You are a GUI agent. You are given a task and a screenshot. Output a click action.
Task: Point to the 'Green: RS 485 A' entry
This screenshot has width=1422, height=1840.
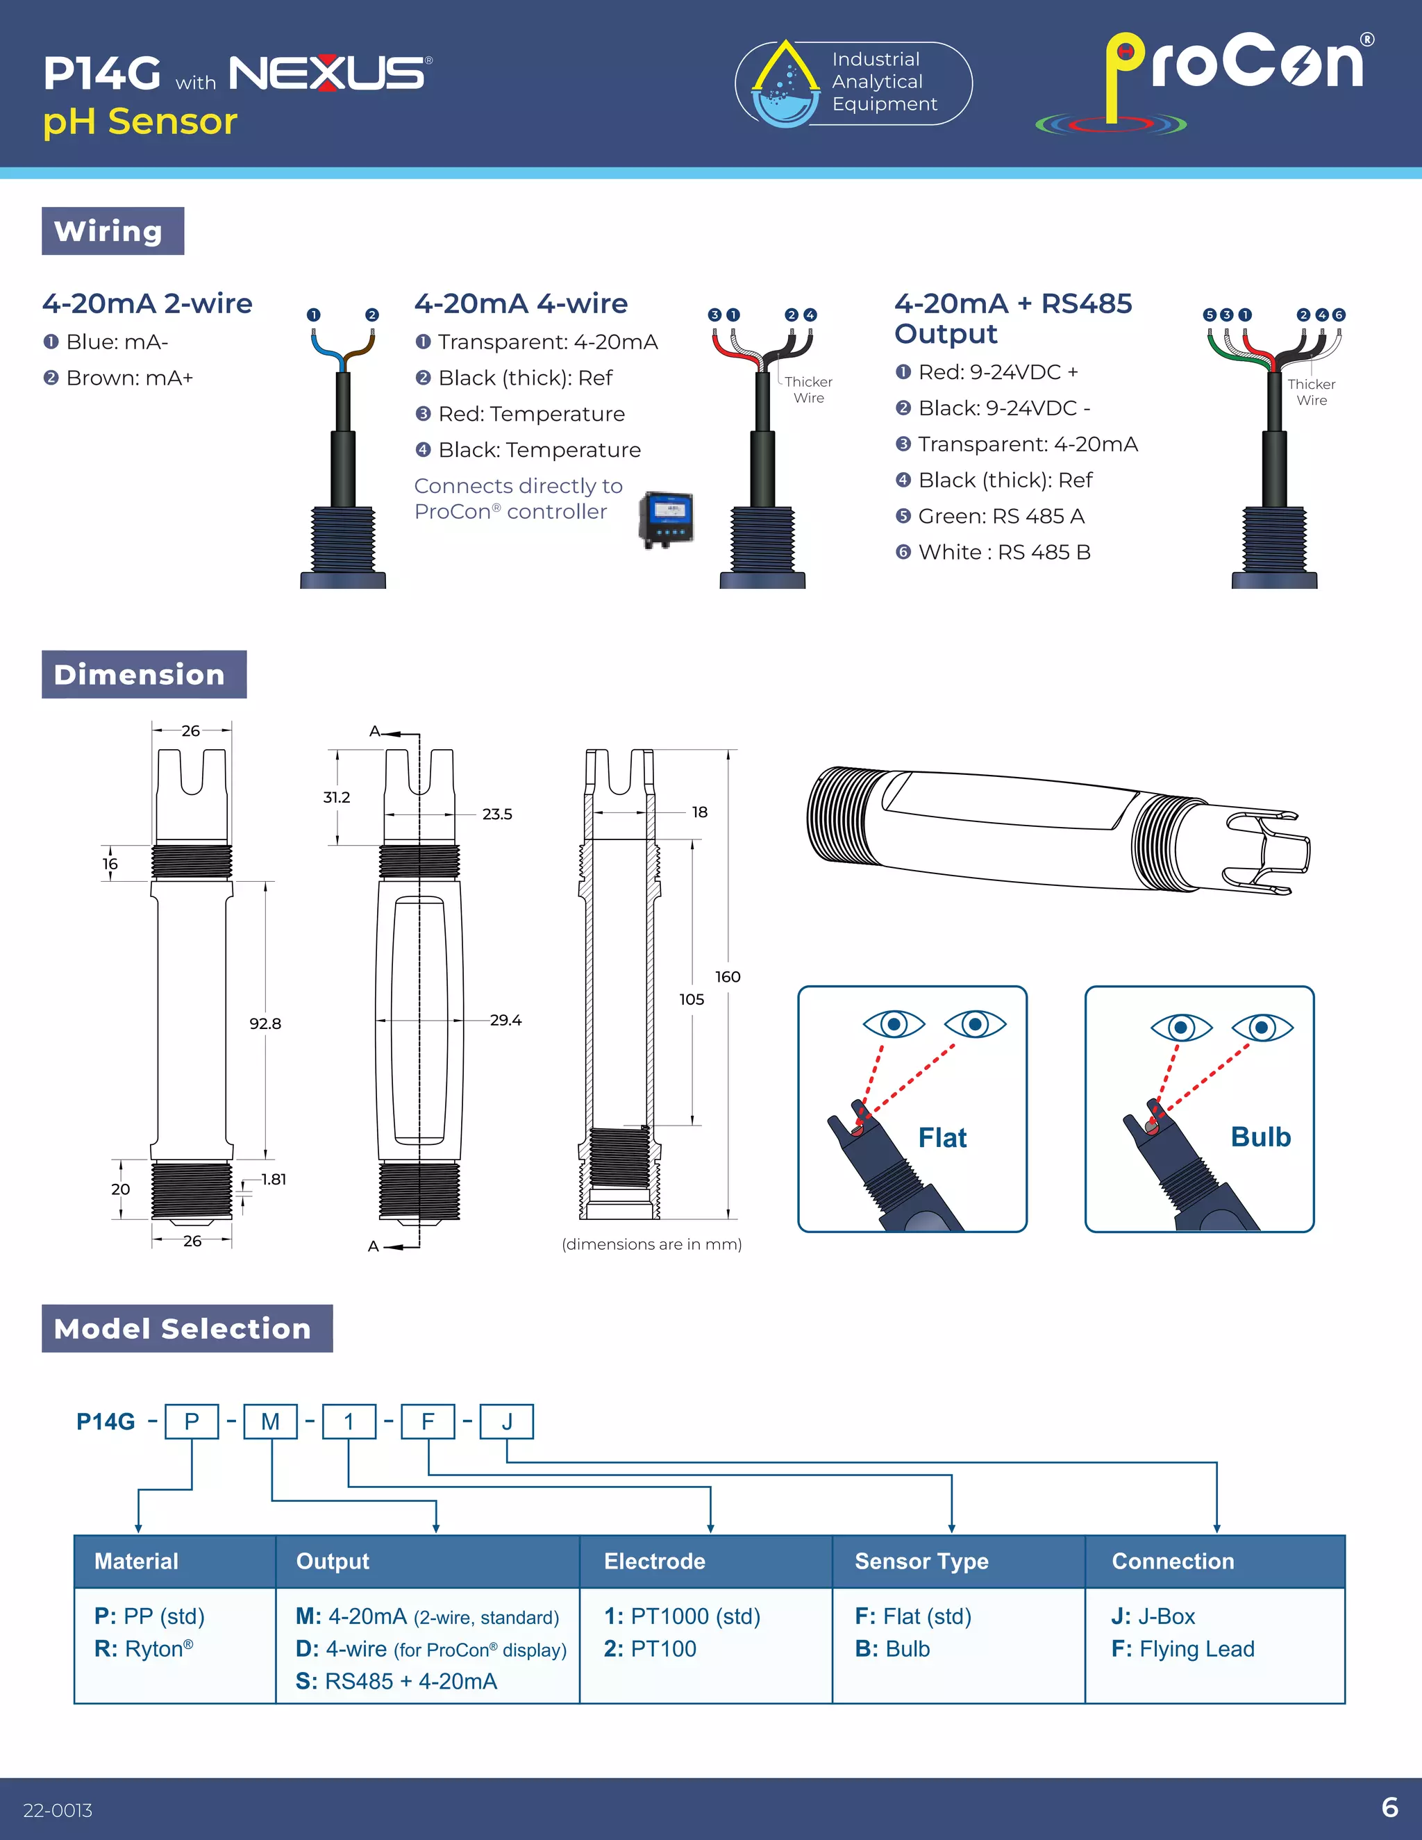pyautogui.click(x=991, y=517)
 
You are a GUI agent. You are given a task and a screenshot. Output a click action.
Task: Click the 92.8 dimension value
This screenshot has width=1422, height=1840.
pyautogui.click(x=265, y=1023)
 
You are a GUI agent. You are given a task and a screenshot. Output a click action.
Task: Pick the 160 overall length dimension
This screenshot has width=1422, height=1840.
pyautogui.click(x=728, y=976)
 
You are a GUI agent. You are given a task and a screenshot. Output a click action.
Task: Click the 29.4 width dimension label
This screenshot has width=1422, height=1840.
pyautogui.click(x=505, y=1020)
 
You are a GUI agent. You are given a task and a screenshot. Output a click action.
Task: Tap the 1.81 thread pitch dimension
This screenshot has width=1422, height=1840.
pyautogui.click(x=273, y=1180)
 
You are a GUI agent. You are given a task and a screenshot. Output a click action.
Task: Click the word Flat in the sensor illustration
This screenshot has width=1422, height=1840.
pyautogui.click(x=942, y=1138)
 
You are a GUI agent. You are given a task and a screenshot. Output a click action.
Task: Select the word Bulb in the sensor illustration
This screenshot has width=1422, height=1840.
pyautogui.click(x=1260, y=1137)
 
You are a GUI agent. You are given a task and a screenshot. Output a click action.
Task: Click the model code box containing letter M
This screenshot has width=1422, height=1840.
pyautogui.click(x=270, y=1422)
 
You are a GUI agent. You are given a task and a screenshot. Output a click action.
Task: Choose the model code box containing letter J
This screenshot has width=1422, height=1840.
pyautogui.click(x=507, y=1422)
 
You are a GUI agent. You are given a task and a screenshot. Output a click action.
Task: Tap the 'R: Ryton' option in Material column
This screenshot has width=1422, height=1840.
pyautogui.click(x=144, y=1649)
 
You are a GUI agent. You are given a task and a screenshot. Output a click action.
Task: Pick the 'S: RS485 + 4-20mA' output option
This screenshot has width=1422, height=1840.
pyautogui.click(x=396, y=1682)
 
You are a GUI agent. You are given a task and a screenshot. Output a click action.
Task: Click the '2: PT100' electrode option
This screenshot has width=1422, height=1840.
pyautogui.click(x=651, y=1649)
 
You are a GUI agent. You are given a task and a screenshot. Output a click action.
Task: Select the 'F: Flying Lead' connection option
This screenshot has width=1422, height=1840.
pyautogui.click(x=1182, y=1649)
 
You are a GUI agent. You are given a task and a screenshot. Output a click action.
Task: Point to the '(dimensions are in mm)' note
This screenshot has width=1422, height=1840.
pyautogui.click(x=651, y=1244)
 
